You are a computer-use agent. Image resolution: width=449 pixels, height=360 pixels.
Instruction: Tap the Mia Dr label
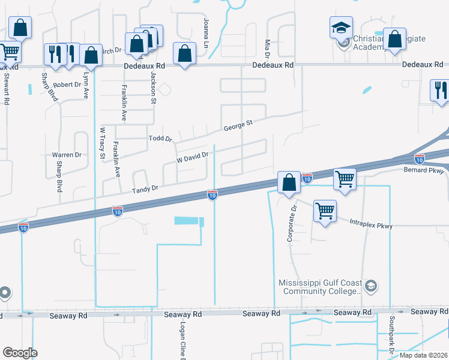point(268,49)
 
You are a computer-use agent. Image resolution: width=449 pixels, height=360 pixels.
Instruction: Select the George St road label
point(238,127)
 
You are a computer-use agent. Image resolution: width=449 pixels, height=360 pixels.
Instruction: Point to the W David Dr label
point(192,157)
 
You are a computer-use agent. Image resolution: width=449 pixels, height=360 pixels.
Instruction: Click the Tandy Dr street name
point(145,188)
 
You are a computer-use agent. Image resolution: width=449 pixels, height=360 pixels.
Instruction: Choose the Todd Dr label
point(160,138)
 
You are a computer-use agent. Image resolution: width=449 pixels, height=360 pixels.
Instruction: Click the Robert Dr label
point(67,85)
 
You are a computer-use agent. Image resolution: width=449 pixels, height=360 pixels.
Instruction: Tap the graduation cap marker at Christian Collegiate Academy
point(340,28)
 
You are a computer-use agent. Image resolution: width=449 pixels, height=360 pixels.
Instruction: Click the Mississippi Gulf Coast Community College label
point(319,287)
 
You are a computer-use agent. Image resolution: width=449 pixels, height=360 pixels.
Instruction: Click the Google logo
point(20,353)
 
